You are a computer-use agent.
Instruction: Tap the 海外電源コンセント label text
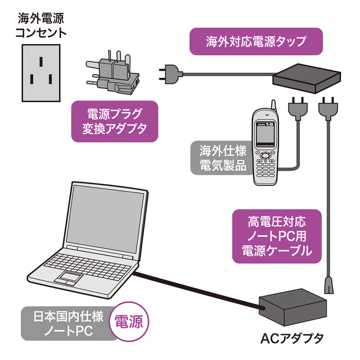(40, 26)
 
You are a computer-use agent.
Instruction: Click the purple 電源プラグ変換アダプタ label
(114, 121)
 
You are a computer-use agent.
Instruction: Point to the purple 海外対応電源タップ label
(256, 41)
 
